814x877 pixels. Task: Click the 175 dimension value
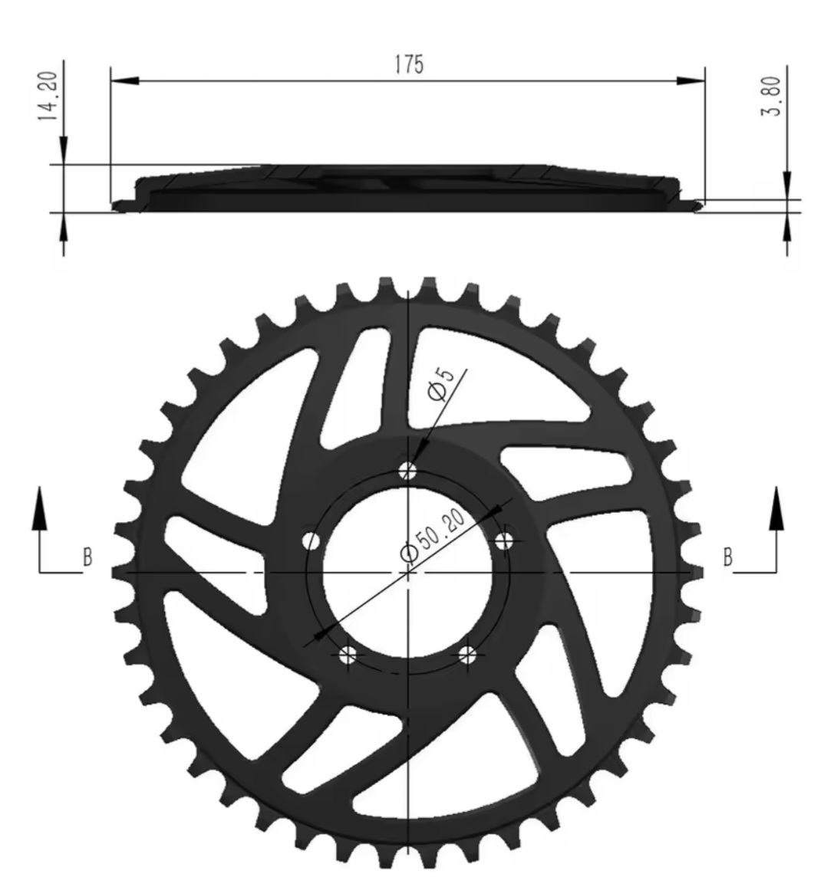tap(409, 64)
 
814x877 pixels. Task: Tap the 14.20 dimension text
tap(48, 96)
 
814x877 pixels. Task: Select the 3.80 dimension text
tap(771, 96)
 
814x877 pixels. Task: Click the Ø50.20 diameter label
tap(433, 535)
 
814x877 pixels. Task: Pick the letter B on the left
tap(87, 557)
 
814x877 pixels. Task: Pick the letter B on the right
tap(727, 557)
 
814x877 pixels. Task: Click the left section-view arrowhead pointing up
tap(39, 507)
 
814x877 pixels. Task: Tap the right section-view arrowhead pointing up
tap(776, 507)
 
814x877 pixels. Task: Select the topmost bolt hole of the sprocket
tap(408, 471)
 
